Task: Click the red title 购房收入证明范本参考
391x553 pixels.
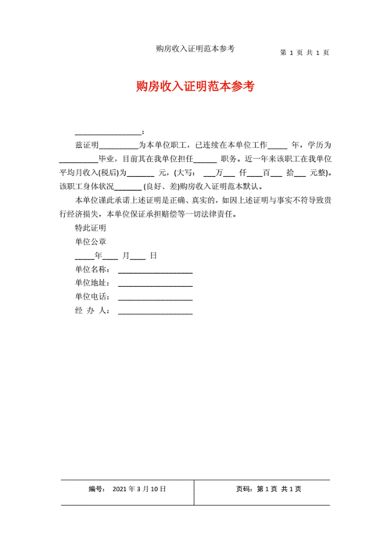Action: (195, 86)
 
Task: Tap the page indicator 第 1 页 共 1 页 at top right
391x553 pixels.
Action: (304, 52)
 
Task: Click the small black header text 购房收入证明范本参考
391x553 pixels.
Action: (195, 48)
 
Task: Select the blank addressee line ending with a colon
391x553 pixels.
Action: (108, 131)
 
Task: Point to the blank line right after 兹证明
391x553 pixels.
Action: (118, 146)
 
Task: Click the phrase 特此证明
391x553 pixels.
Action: (90, 228)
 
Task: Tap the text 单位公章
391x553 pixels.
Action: (90, 242)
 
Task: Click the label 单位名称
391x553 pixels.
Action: (91, 269)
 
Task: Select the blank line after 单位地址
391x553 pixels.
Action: (155, 283)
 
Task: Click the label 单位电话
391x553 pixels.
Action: (91, 297)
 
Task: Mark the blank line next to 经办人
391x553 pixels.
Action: (155, 311)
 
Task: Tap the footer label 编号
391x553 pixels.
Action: (97, 489)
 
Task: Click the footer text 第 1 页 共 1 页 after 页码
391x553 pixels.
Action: (279, 489)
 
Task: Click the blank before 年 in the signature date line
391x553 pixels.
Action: (84, 256)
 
